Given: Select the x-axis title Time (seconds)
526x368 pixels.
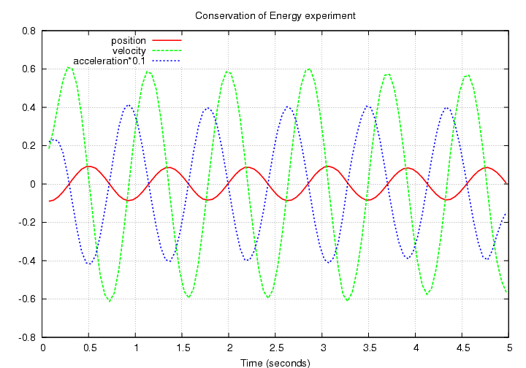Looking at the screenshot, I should pyautogui.click(x=275, y=362).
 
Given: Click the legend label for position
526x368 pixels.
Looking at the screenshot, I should pyautogui.click(x=129, y=40).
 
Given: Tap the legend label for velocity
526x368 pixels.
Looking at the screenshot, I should pyautogui.click(x=129, y=50).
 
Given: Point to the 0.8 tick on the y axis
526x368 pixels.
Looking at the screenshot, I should pyautogui.click(x=28, y=31).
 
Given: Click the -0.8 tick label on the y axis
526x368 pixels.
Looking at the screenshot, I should pyautogui.click(x=27, y=337).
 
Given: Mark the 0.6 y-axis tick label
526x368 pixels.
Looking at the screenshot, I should pyautogui.click(x=28, y=69).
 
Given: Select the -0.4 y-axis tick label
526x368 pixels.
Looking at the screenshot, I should pyautogui.click(x=27, y=261).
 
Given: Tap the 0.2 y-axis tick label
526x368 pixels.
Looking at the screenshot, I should pyautogui.click(x=28, y=146).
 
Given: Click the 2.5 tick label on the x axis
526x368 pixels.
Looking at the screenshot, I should pyautogui.click(x=275, y=349).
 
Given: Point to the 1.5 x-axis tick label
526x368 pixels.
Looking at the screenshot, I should pyautogui.click(x=183, y=349).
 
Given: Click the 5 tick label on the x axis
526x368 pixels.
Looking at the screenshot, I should pyautogui.click(x=508, y=349).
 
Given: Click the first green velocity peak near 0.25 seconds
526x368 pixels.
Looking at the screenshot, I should pyautogui.click(x=68, y=68).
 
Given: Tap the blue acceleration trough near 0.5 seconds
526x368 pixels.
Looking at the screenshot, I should pyautogui.click(x=89, y=264).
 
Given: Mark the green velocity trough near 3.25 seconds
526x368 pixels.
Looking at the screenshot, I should pyautogui.click(x=347, y=300).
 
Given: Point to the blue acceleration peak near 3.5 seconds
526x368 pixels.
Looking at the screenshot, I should pyautogui.click(x=367, y=107).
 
